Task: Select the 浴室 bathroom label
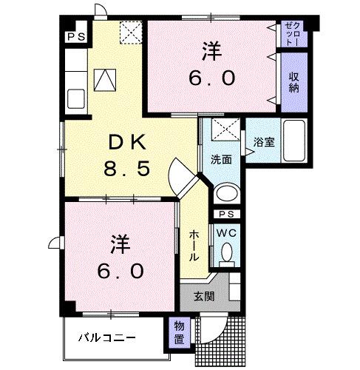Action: (264, 142)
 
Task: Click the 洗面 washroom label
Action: (220, 158)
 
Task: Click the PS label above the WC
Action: (226, 215)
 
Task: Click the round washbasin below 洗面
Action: (226, 194)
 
